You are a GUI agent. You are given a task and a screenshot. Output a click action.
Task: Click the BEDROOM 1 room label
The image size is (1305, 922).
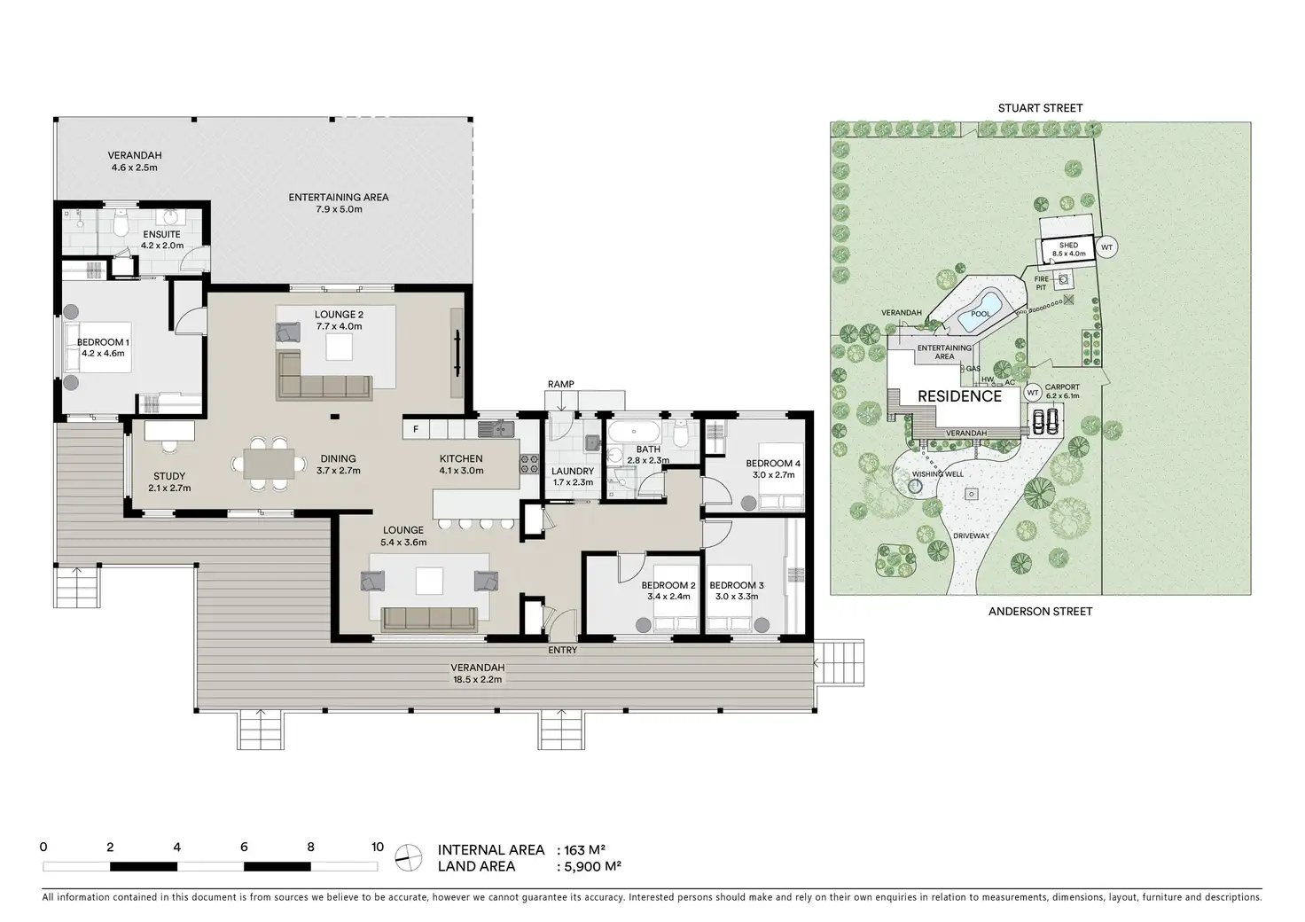pos(103,342)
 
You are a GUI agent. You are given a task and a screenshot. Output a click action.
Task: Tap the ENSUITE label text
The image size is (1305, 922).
pos(162,234)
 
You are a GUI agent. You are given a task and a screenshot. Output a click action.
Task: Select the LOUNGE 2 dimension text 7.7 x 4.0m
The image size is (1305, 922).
pos(339,326)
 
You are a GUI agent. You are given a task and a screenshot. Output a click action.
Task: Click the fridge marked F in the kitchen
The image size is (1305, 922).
pos(416,429)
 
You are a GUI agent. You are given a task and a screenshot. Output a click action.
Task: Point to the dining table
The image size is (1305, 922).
pos(269,464)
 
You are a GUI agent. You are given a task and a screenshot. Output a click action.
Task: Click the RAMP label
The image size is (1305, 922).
pos(560,384)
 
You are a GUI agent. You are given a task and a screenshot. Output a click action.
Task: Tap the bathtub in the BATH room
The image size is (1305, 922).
pos(634,432)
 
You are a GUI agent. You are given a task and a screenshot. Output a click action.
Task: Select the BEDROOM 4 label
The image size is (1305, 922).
pos(773,464)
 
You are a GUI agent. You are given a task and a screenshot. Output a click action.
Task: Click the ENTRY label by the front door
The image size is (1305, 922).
pos(562,650)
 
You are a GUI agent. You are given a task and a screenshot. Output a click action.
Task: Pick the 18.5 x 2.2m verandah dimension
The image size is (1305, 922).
pos(477,679)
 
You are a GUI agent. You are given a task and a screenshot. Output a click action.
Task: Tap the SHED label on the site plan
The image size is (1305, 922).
pos(1068,246)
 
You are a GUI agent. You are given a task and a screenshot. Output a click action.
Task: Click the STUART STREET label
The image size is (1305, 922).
pos(1040,108)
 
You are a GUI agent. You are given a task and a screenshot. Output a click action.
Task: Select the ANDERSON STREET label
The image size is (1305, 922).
pos(1040,611)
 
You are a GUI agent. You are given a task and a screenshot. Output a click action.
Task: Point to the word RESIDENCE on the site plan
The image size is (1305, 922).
pos(959,396)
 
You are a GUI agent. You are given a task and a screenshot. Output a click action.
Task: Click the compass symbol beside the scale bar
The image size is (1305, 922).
pos(409,857)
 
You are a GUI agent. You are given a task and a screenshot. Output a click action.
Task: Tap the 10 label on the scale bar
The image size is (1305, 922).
pos(378,847)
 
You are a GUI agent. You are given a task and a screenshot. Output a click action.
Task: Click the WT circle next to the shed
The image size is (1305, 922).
pos(1106,247)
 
